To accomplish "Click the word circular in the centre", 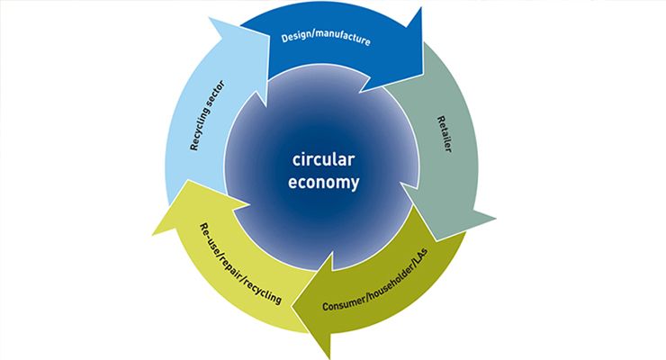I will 325,161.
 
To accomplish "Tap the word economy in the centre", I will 325,183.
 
